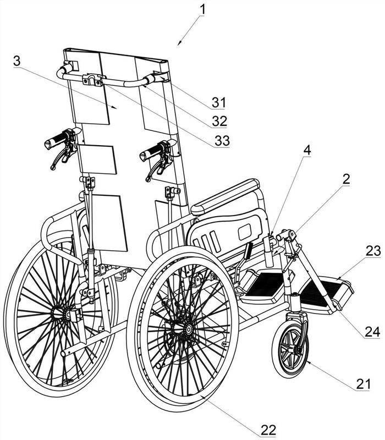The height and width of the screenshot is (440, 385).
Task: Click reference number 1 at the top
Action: click(x=202, y=9)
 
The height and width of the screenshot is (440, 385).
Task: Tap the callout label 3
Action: click(x=17, y=61)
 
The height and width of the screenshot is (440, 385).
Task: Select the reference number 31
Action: click(x=218, y=102)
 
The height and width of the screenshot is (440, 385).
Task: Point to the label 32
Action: click(x=219, y=121)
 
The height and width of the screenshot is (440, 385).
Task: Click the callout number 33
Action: click(x=222, y=140)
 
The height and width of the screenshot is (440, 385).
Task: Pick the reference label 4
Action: click(x=307, y=150)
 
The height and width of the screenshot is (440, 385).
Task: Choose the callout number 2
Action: click(x=346, y=178)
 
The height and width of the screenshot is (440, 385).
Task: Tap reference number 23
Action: click(x=373, y=251)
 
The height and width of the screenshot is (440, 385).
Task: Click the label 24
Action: click(x=372, y=332)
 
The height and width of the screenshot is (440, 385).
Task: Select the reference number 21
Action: click(x=364, y=384)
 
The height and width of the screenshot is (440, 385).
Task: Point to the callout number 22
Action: click(x=268, y=430)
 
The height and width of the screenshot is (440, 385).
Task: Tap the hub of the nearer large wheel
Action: click(x=187, y=329)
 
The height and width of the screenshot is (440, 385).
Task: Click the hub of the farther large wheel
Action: click(x=66, y=315)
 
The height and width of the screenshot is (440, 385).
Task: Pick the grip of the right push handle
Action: click(x=151, y=152)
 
